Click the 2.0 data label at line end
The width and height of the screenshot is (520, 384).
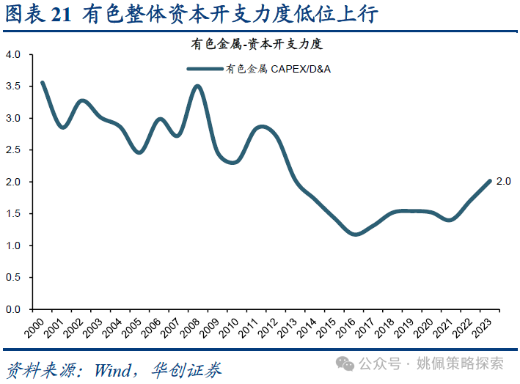[503, 181]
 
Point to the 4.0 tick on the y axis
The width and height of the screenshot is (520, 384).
[12, 54]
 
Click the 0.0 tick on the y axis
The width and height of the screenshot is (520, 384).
[12, 309]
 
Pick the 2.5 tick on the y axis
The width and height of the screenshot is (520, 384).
[12, 150]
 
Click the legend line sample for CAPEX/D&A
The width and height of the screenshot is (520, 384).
[205, 70]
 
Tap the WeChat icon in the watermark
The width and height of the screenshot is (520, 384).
[345, 363]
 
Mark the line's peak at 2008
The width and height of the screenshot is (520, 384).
[197, 86]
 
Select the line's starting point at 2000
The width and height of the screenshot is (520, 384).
[43, 83]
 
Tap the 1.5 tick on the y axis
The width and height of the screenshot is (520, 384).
[12, 214]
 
